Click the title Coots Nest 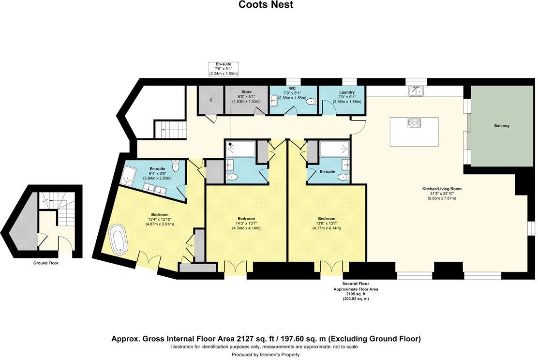266,5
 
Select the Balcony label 501,126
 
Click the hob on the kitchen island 415,123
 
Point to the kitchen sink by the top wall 416,90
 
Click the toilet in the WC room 310,102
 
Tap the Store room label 247,91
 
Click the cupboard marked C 210,100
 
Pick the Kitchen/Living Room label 441,189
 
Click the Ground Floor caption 46,263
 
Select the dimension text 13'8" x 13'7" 327,223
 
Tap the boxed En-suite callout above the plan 223,69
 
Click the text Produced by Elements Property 266,355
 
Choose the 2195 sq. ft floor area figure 356,294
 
